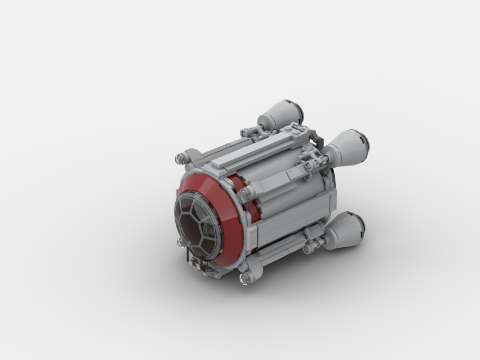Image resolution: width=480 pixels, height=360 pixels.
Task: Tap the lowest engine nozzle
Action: pos(347,230)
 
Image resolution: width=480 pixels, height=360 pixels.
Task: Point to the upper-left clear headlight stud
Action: pos(179,158)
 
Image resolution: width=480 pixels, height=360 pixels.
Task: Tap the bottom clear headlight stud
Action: pos(244,278)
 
